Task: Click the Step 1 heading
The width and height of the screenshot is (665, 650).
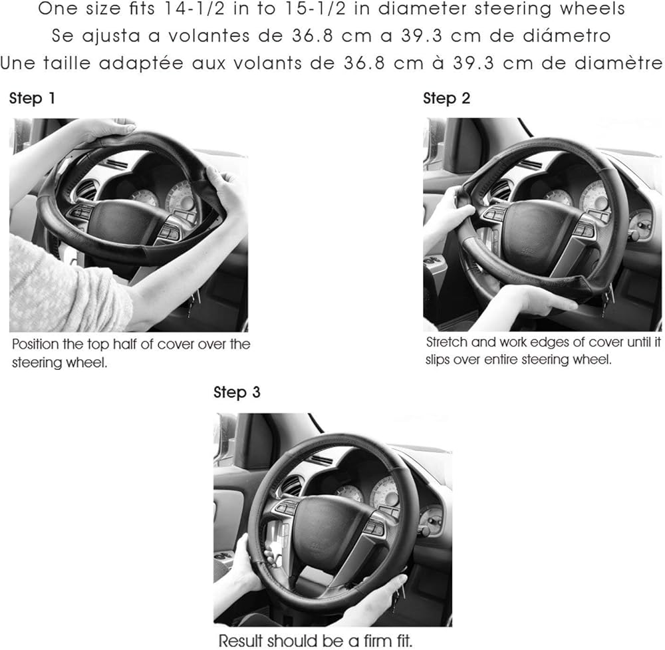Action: point(32,98)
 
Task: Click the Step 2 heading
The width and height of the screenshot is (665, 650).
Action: point(447,98)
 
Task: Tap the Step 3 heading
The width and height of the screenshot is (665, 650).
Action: point(237,393)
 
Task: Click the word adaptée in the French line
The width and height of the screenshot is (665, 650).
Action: point(141,64)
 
